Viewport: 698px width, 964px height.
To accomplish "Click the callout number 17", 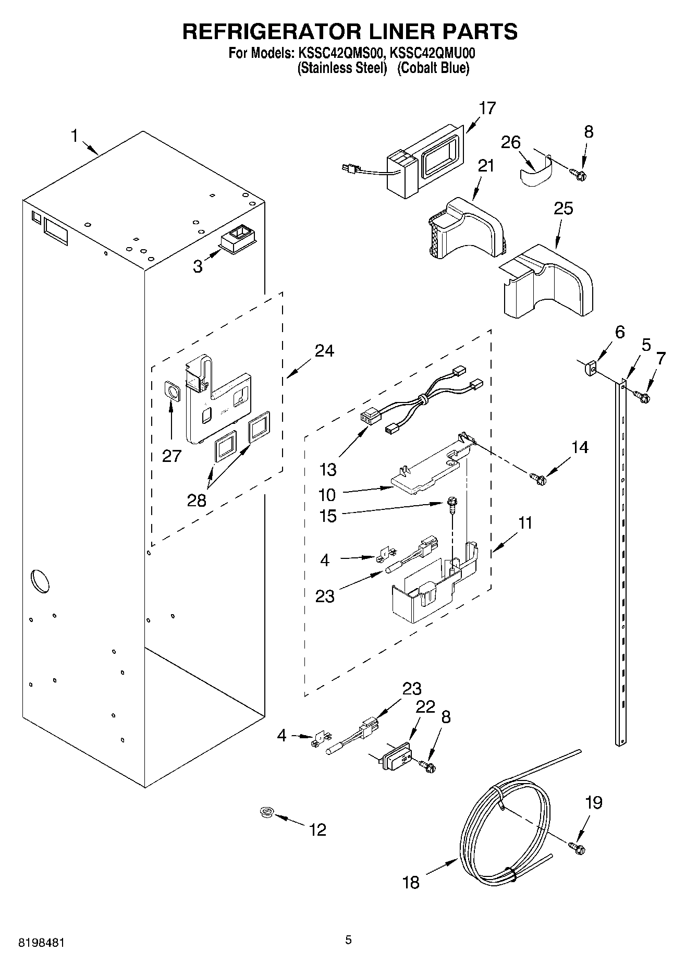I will click(x=487, y=108).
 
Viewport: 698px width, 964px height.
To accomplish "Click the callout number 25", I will click(x=564, y=209).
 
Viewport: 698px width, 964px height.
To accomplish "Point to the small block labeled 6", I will click(x=590, y=369).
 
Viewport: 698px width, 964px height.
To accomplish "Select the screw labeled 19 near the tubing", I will click(x=577, y=848).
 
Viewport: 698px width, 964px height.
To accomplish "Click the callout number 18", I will click(x=411, y=882).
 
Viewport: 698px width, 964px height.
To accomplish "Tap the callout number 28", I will click(x=197, y=501).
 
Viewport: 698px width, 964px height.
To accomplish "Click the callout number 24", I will click(x=324, y=351).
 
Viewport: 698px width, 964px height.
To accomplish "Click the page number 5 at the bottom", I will click(x=348, y=940).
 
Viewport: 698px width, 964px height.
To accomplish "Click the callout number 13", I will click(x=328, y=470).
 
